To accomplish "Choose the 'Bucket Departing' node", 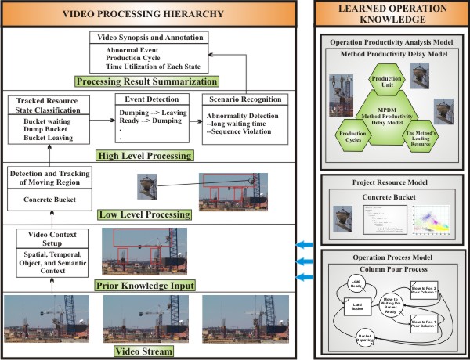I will click(x=366, y=339).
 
